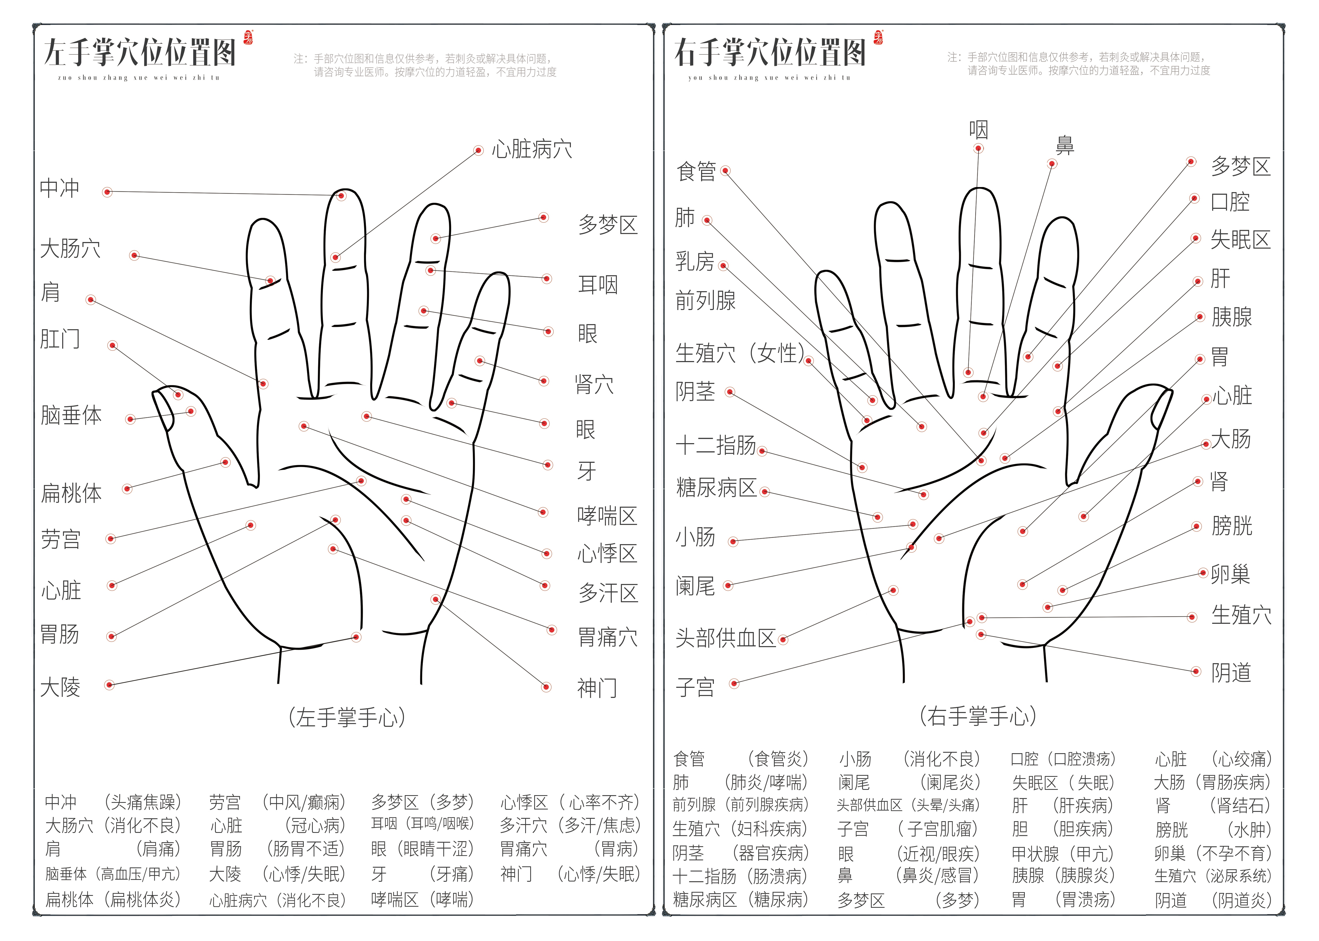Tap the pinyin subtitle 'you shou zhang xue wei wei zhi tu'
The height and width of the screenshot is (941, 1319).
tap(769, 78)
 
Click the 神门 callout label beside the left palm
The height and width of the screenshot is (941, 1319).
tap(597, 688)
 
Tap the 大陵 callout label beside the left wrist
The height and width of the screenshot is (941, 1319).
tap(60, 687)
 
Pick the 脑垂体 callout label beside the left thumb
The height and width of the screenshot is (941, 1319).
tap(71, 416)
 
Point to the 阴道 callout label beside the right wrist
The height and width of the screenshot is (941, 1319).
tap(1232, 673)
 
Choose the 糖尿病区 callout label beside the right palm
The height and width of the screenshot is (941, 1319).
tap(716, 488)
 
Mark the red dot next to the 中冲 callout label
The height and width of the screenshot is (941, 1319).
tap(107, 192)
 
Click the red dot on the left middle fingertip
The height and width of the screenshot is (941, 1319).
tap(341, 196)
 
